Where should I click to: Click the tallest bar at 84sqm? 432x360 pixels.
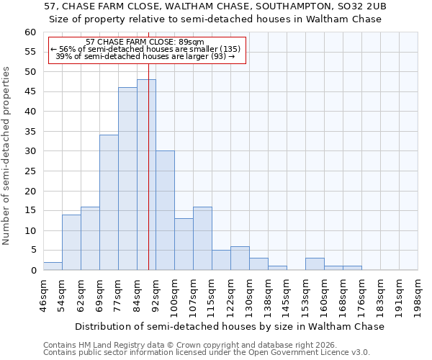tap(146, 175)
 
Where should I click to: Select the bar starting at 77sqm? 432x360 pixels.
tap(127, 179)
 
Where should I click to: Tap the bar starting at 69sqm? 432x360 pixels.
tap(109, 202)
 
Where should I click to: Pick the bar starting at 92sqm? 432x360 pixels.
tap(165, 210)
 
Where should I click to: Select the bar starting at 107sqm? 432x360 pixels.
tap(202, 238)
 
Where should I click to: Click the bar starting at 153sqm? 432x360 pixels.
tap(315, 264)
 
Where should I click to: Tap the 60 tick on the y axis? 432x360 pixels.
tap(30, 32)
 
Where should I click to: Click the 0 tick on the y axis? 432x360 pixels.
tap(32, 271)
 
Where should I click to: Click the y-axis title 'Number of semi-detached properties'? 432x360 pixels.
tap(7, 156)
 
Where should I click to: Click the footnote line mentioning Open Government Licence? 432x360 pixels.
tap(206, 352)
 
